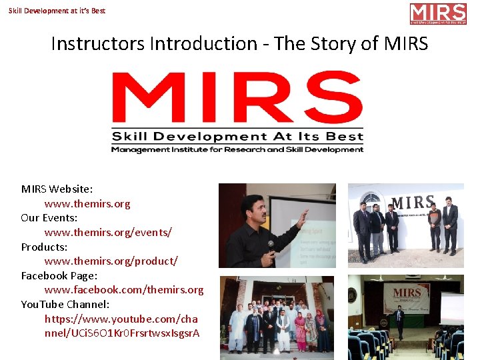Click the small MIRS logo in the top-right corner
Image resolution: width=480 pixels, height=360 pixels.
(437, 14)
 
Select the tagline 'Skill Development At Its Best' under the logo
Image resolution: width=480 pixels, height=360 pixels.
(238, 137)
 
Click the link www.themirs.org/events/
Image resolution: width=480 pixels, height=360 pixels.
(108, 232)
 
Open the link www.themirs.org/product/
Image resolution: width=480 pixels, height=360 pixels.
(111, 261)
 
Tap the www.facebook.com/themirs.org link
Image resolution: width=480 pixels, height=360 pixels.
(124, 290)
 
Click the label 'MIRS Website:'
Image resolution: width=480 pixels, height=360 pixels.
(57, 189)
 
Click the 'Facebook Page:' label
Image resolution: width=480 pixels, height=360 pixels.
(59, 275)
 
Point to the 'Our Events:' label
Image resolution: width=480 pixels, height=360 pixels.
(49, 218)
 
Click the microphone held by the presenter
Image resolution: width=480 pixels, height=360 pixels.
(270, 245)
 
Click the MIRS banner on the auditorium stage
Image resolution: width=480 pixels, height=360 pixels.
(407, 293)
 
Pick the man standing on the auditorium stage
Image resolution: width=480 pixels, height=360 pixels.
(399, 321)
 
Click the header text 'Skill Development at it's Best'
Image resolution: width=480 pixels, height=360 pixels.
(57, 11)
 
